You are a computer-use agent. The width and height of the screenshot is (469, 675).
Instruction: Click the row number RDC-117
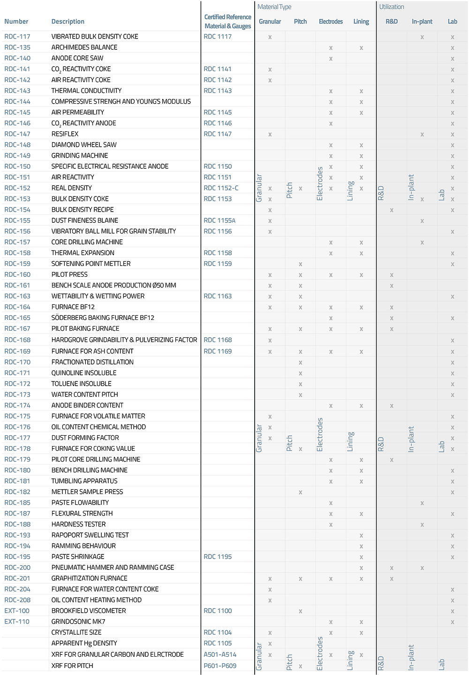point(17,37)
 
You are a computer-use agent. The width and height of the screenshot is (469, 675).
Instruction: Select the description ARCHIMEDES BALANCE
point(84,47)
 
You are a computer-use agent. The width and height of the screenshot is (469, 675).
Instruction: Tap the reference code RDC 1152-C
point(221,188)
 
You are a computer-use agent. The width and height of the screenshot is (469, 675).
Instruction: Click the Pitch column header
point(300,22)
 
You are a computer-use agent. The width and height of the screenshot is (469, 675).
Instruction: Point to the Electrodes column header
point(331,22)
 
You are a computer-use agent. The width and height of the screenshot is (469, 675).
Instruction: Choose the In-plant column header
point(422,22)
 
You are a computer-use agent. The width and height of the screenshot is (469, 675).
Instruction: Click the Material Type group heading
point(274,7)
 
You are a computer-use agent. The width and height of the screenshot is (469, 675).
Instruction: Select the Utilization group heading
point(392,7)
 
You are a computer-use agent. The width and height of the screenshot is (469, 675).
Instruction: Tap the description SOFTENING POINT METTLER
point(91,264)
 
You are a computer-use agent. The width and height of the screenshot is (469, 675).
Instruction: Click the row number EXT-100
point(17,611)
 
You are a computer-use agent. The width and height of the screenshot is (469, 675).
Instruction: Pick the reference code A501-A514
point(220,654)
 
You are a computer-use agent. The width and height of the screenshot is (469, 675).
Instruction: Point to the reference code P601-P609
point(220,666)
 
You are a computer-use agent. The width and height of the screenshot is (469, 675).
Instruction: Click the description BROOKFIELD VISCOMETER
point(89,611)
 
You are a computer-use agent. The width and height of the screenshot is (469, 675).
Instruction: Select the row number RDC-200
point(17,568)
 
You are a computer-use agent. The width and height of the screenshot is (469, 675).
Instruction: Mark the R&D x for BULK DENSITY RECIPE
point(392,210)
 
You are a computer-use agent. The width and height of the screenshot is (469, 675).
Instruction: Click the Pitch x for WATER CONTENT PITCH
point(300,395)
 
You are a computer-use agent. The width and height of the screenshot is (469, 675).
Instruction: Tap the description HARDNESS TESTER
point(78,524)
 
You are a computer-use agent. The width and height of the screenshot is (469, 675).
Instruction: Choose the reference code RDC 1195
point(218,557)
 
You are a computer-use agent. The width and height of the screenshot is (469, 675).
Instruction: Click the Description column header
point(68,22)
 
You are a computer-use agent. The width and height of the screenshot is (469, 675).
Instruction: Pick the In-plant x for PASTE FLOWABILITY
point(422,503)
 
